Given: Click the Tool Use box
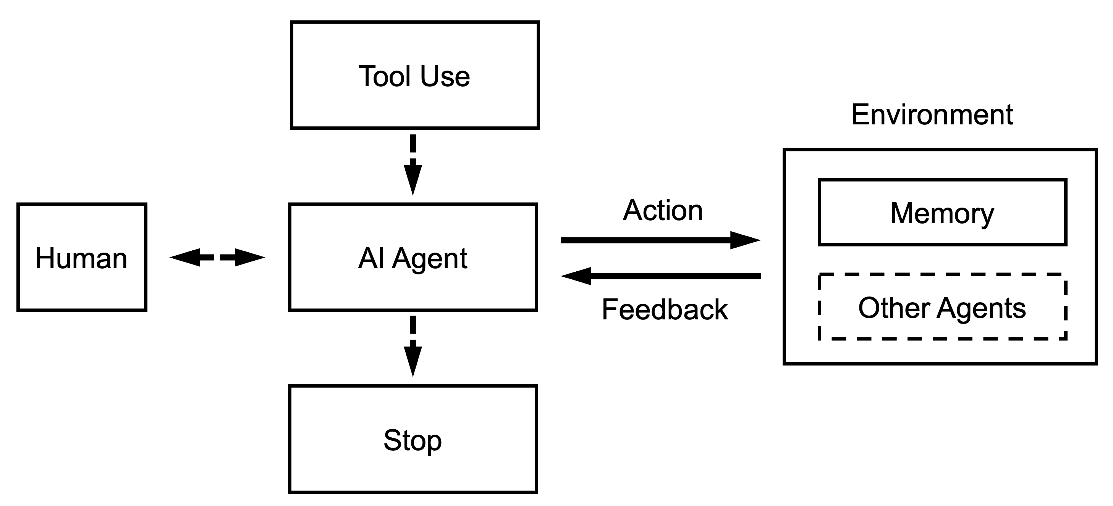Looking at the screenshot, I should tap(414, 75).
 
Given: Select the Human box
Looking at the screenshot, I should tap(82, 257).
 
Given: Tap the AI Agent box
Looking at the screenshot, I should tap(413, 257).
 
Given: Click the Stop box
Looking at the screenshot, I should tap(413, 439).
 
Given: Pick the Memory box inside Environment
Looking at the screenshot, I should tap(942, 213).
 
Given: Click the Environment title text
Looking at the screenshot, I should tap(932, 114).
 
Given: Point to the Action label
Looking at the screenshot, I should tap(662, 210).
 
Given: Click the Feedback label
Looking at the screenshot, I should tap(665, 309).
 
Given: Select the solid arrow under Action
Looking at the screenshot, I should tap(648, 240).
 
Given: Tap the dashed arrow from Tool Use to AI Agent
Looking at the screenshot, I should tap(413, 164).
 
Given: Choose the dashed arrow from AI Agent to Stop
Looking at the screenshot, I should tap(413, 345).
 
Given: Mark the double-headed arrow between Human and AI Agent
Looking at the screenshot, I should tap(217, 257).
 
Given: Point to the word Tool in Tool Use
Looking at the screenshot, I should tap(384, 76).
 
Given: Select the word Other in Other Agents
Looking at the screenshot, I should tap(893, 308).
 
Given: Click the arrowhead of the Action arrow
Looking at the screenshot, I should tap(745, 240).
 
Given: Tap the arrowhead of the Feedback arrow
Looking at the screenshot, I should tap(576, 276).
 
